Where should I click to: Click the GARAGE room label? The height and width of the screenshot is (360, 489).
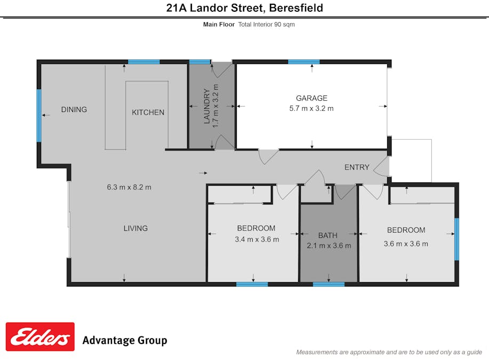click(311, 98)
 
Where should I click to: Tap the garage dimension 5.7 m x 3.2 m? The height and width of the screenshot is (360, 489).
click(311, 109)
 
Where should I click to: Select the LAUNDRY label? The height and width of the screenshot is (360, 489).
click(206, 106)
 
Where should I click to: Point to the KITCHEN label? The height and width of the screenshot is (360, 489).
click(148, 113)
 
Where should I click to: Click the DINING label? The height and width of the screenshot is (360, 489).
click(74, 109)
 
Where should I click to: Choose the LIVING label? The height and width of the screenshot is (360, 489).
click(135, 228)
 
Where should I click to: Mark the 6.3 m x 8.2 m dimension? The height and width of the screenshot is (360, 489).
click(129, 187)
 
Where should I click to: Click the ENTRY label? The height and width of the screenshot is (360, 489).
click(357, 167)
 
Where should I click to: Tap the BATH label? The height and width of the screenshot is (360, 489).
click(328, 236)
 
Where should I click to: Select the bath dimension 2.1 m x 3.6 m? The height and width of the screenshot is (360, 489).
click(328, 246)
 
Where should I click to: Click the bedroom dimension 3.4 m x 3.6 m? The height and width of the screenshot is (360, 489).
click(257, 239)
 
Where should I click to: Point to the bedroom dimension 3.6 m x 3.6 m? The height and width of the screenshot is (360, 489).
click(406, 244)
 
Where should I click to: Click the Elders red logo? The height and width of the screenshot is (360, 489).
click(40, 337)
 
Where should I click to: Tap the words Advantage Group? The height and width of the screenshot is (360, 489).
click(125, 340)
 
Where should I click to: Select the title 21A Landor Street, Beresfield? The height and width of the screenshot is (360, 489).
click(244, 8)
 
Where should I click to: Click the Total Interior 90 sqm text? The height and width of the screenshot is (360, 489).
click(266, 25)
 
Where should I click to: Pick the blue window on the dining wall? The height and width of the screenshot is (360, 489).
click(39, 115)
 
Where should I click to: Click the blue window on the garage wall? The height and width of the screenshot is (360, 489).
click(304, 62)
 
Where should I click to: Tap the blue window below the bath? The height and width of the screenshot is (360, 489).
click(328, 284)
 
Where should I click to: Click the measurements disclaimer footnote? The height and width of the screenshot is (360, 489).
click(389, 352)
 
